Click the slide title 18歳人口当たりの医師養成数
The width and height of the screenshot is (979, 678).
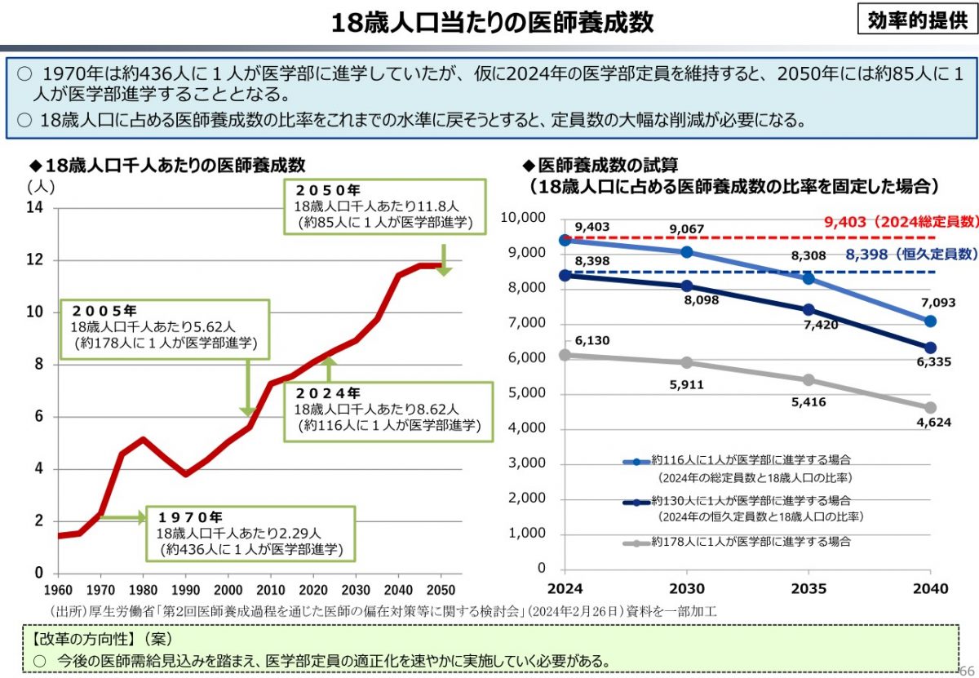tap(492, 22)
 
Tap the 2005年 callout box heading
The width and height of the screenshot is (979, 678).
tap(104, 311)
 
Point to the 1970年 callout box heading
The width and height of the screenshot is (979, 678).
tap(190, 517)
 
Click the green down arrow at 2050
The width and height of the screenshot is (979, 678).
tap(443, 260)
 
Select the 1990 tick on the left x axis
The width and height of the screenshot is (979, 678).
tap(187, 590)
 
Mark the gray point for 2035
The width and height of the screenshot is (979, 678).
tap(808, 380)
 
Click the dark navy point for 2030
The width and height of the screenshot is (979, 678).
tap(687, 286)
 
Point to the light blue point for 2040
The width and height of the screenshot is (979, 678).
tap(930, 321)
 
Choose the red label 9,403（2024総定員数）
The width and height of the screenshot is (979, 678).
tap(899, 222)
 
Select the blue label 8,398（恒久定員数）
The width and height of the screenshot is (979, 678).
tap(910, 255)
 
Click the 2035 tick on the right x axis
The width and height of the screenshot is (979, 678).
tap(808, 589)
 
